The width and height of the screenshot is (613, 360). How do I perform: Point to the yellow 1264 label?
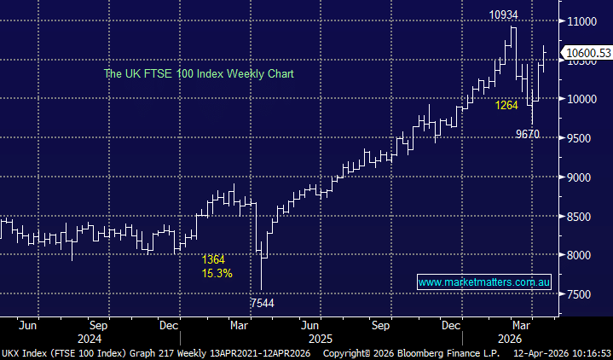[506, 106]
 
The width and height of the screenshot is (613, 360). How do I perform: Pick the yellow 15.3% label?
[217, 273]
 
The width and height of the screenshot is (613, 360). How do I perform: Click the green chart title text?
[198, 74]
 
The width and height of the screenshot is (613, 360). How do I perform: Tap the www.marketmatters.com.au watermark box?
[483, 282]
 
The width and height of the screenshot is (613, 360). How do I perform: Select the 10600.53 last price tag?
[587, 54]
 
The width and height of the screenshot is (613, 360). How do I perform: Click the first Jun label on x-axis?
[28, 325]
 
